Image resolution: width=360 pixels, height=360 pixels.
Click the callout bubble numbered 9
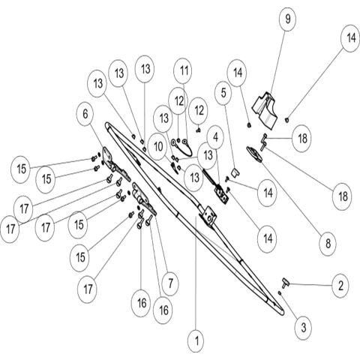pyautogui.click(x=288, y=19)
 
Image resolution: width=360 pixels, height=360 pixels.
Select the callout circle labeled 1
pyautogui.click(x=196, y=340)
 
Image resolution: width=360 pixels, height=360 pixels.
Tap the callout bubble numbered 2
pyautogui.click(x=340, y=286)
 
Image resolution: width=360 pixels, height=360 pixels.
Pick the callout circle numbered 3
pyautogui.click(x=303, y=328)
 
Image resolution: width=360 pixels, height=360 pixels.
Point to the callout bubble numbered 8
pyautogui.click(x=328, y=244)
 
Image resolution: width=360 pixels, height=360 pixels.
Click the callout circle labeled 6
pyautogui.click(x=85, y=115)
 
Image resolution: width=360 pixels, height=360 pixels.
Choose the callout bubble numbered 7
pyautogui.click(x=170, y=283)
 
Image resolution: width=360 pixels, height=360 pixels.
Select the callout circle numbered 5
pyautogui.click(x=223, y=93)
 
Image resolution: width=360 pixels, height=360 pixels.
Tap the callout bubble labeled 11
pyautogui.click(x=184, y=71)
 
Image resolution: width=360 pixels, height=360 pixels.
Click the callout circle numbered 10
pyautogui.click(x=158, y=147)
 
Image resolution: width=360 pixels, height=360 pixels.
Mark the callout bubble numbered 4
pyautogui.click(x=215, y=137)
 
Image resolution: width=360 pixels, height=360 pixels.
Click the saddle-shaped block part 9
pyautogui.click(x=264, y=109)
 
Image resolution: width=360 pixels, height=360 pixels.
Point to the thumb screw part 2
pyautogui.click(x=285, y=283)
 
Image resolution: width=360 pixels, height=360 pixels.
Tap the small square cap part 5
pyautogui.click(x=235, y=172)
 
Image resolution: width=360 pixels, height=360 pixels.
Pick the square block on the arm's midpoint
pyautogui.click(x=208, y=215)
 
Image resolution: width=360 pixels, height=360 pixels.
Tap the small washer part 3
pyautogui.click(x=280, y=292)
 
